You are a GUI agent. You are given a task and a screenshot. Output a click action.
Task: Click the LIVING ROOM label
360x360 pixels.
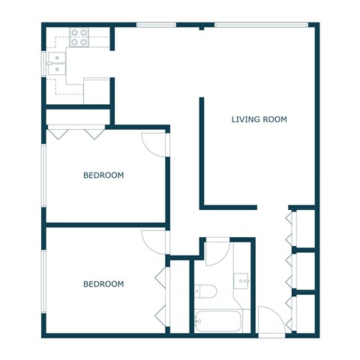point(259,119)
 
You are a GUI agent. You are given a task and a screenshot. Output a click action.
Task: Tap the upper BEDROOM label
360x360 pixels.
point(103,175)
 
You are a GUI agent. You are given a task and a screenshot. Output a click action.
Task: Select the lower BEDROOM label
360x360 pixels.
point(103,284)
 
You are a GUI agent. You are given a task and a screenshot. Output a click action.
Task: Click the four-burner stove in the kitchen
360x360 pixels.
point(79,37)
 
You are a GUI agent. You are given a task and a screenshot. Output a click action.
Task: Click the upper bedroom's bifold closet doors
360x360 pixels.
point(75,133)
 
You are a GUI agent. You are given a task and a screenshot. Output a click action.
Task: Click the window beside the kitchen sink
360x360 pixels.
point(43,63)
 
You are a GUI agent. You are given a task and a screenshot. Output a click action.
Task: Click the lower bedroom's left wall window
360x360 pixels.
point(43,281)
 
